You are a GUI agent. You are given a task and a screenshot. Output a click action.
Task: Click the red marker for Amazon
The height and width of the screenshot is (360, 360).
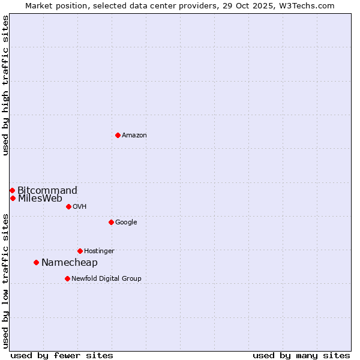[x=118, y=135]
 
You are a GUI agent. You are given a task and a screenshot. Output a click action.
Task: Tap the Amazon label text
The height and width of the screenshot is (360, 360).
[x=134, y=136]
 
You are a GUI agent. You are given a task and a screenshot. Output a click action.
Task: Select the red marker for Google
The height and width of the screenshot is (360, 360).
[x=111, y=222]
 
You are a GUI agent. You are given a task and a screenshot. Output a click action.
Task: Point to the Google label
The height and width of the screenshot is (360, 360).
[x=126, y=223]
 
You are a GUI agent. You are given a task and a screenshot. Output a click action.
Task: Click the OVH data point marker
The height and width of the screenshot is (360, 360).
[x=68, y=206]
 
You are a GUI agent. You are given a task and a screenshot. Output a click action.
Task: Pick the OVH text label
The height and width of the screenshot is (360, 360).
[x=80, y=207]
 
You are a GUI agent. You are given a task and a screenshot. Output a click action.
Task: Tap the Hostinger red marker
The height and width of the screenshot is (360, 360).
[x=80, y=251]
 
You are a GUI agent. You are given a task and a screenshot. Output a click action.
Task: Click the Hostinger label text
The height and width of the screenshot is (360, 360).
[x=99, y=251]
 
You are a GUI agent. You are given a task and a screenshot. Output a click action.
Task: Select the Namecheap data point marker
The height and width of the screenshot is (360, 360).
[x=36, y=262]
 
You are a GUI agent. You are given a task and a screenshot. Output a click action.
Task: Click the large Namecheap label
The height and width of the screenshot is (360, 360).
[x=69, y=263]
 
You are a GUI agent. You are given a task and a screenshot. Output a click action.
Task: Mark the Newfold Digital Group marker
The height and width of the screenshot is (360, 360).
[x=67, y=278]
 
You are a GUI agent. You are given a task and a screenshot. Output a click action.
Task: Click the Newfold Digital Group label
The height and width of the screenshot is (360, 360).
[x=106, y=279]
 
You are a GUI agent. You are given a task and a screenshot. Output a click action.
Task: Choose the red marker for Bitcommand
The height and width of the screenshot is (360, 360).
[x=12, y=190]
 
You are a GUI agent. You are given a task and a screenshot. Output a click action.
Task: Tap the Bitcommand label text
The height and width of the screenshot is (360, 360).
[x=47, y=191]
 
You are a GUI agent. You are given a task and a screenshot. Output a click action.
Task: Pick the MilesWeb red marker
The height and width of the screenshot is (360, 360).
[x=13, y=198]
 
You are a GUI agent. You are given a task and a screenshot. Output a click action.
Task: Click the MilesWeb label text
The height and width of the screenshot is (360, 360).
[x=40, y=199]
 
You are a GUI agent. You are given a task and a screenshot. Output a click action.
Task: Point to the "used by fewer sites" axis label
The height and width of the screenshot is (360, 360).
[x=62, y=355]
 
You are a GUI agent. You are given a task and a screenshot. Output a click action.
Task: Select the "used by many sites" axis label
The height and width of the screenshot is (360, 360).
[x=301, y=355]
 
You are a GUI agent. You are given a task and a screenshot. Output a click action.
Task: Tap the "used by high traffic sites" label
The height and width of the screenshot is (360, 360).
[x=6, y=85]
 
